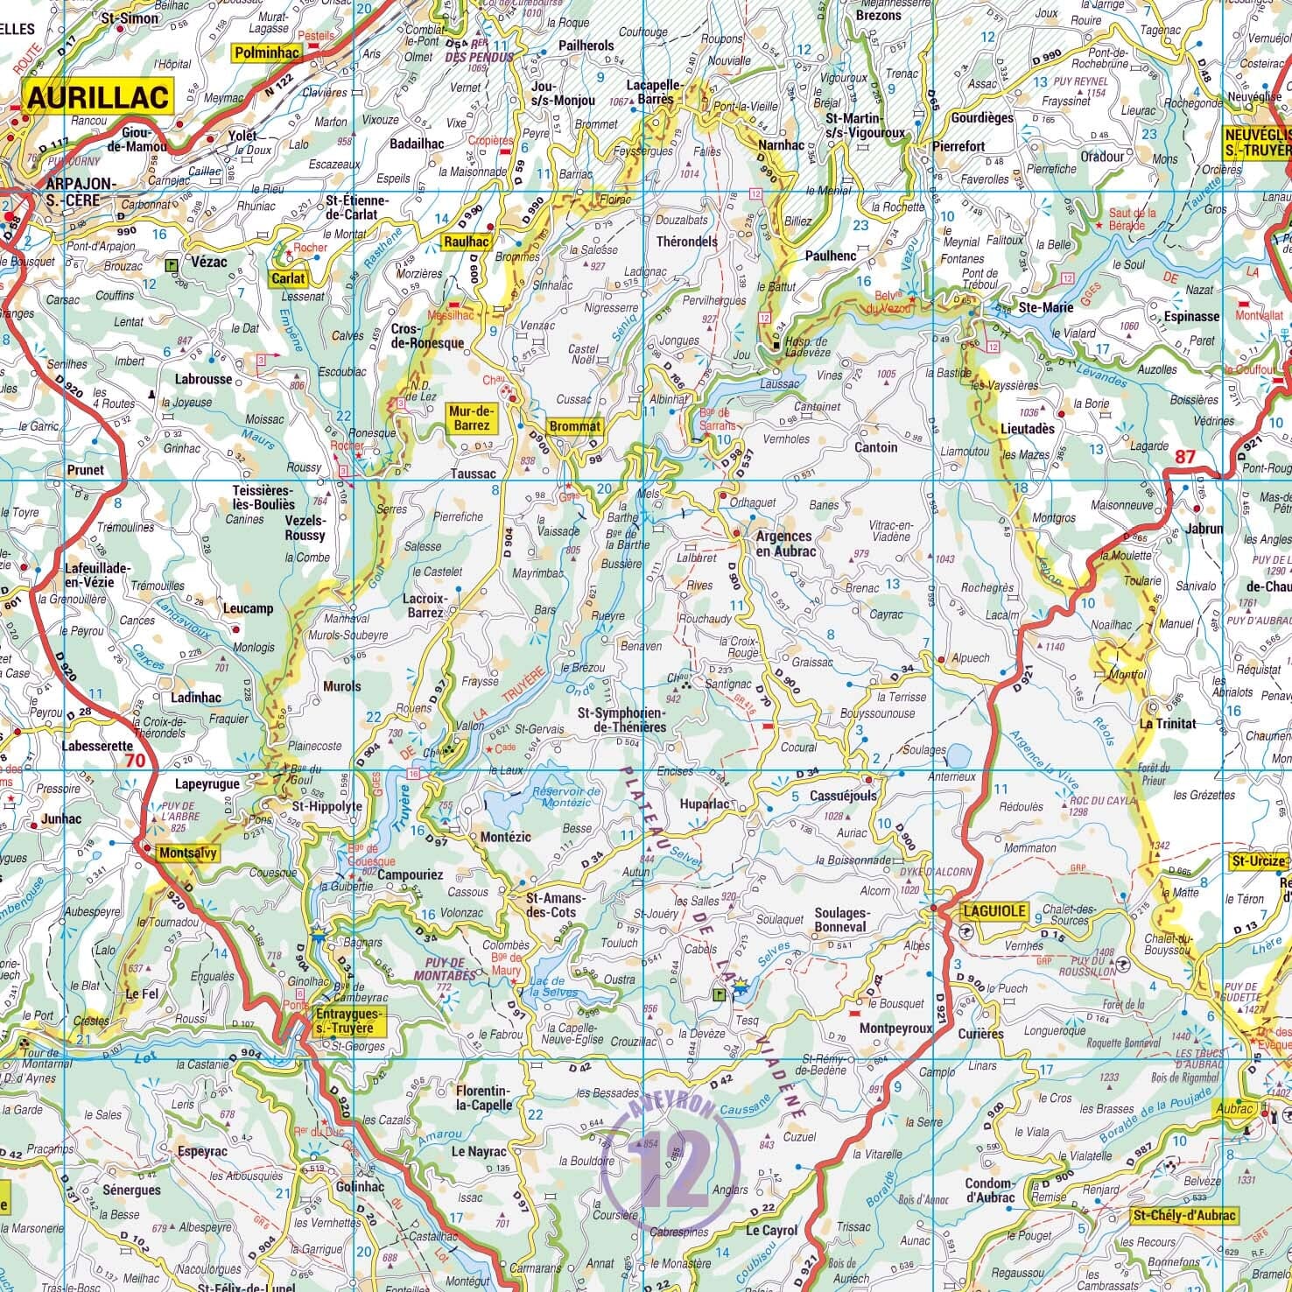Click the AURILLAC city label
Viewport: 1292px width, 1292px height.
[x=99, y=96]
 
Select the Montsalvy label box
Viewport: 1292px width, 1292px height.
[x=187, y=853]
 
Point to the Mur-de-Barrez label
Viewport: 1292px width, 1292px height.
[x=471, y=418]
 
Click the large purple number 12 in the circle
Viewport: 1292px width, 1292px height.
[x=672, y=1169]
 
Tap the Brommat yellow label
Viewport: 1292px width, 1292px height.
[x=575, y=426]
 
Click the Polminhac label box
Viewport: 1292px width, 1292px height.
[x=266, y=53]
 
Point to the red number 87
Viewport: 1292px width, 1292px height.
[x=1185, y=456]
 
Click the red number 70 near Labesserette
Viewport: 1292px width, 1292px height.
[x=135, y=760]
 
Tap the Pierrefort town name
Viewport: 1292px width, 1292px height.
[x=958, y=147]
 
